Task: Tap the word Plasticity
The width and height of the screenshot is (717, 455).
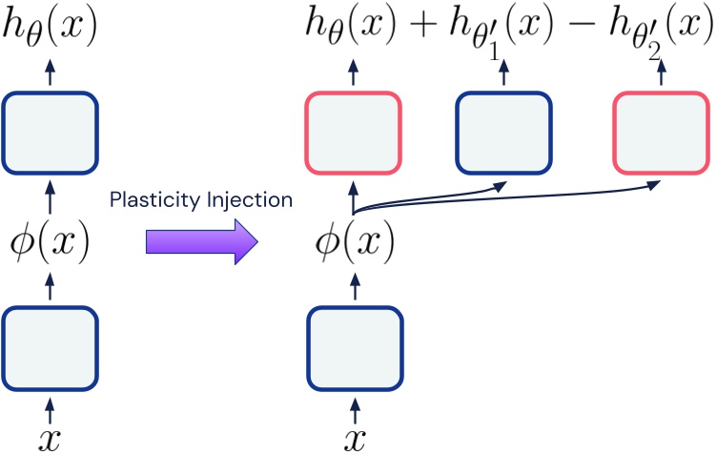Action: tap(147, 199)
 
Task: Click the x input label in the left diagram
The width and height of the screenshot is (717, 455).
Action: tap(51, 438)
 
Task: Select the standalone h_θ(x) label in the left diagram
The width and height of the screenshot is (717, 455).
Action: tap(51, 27)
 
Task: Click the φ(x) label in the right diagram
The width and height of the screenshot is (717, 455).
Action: tap(353, 244)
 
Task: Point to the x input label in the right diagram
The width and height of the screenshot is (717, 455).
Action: tap(353, 438)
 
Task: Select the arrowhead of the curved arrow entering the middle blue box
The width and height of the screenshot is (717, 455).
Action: tap(499, 186)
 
